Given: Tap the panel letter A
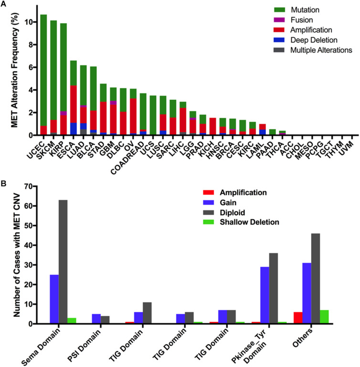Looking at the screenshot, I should tap(3, 3).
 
